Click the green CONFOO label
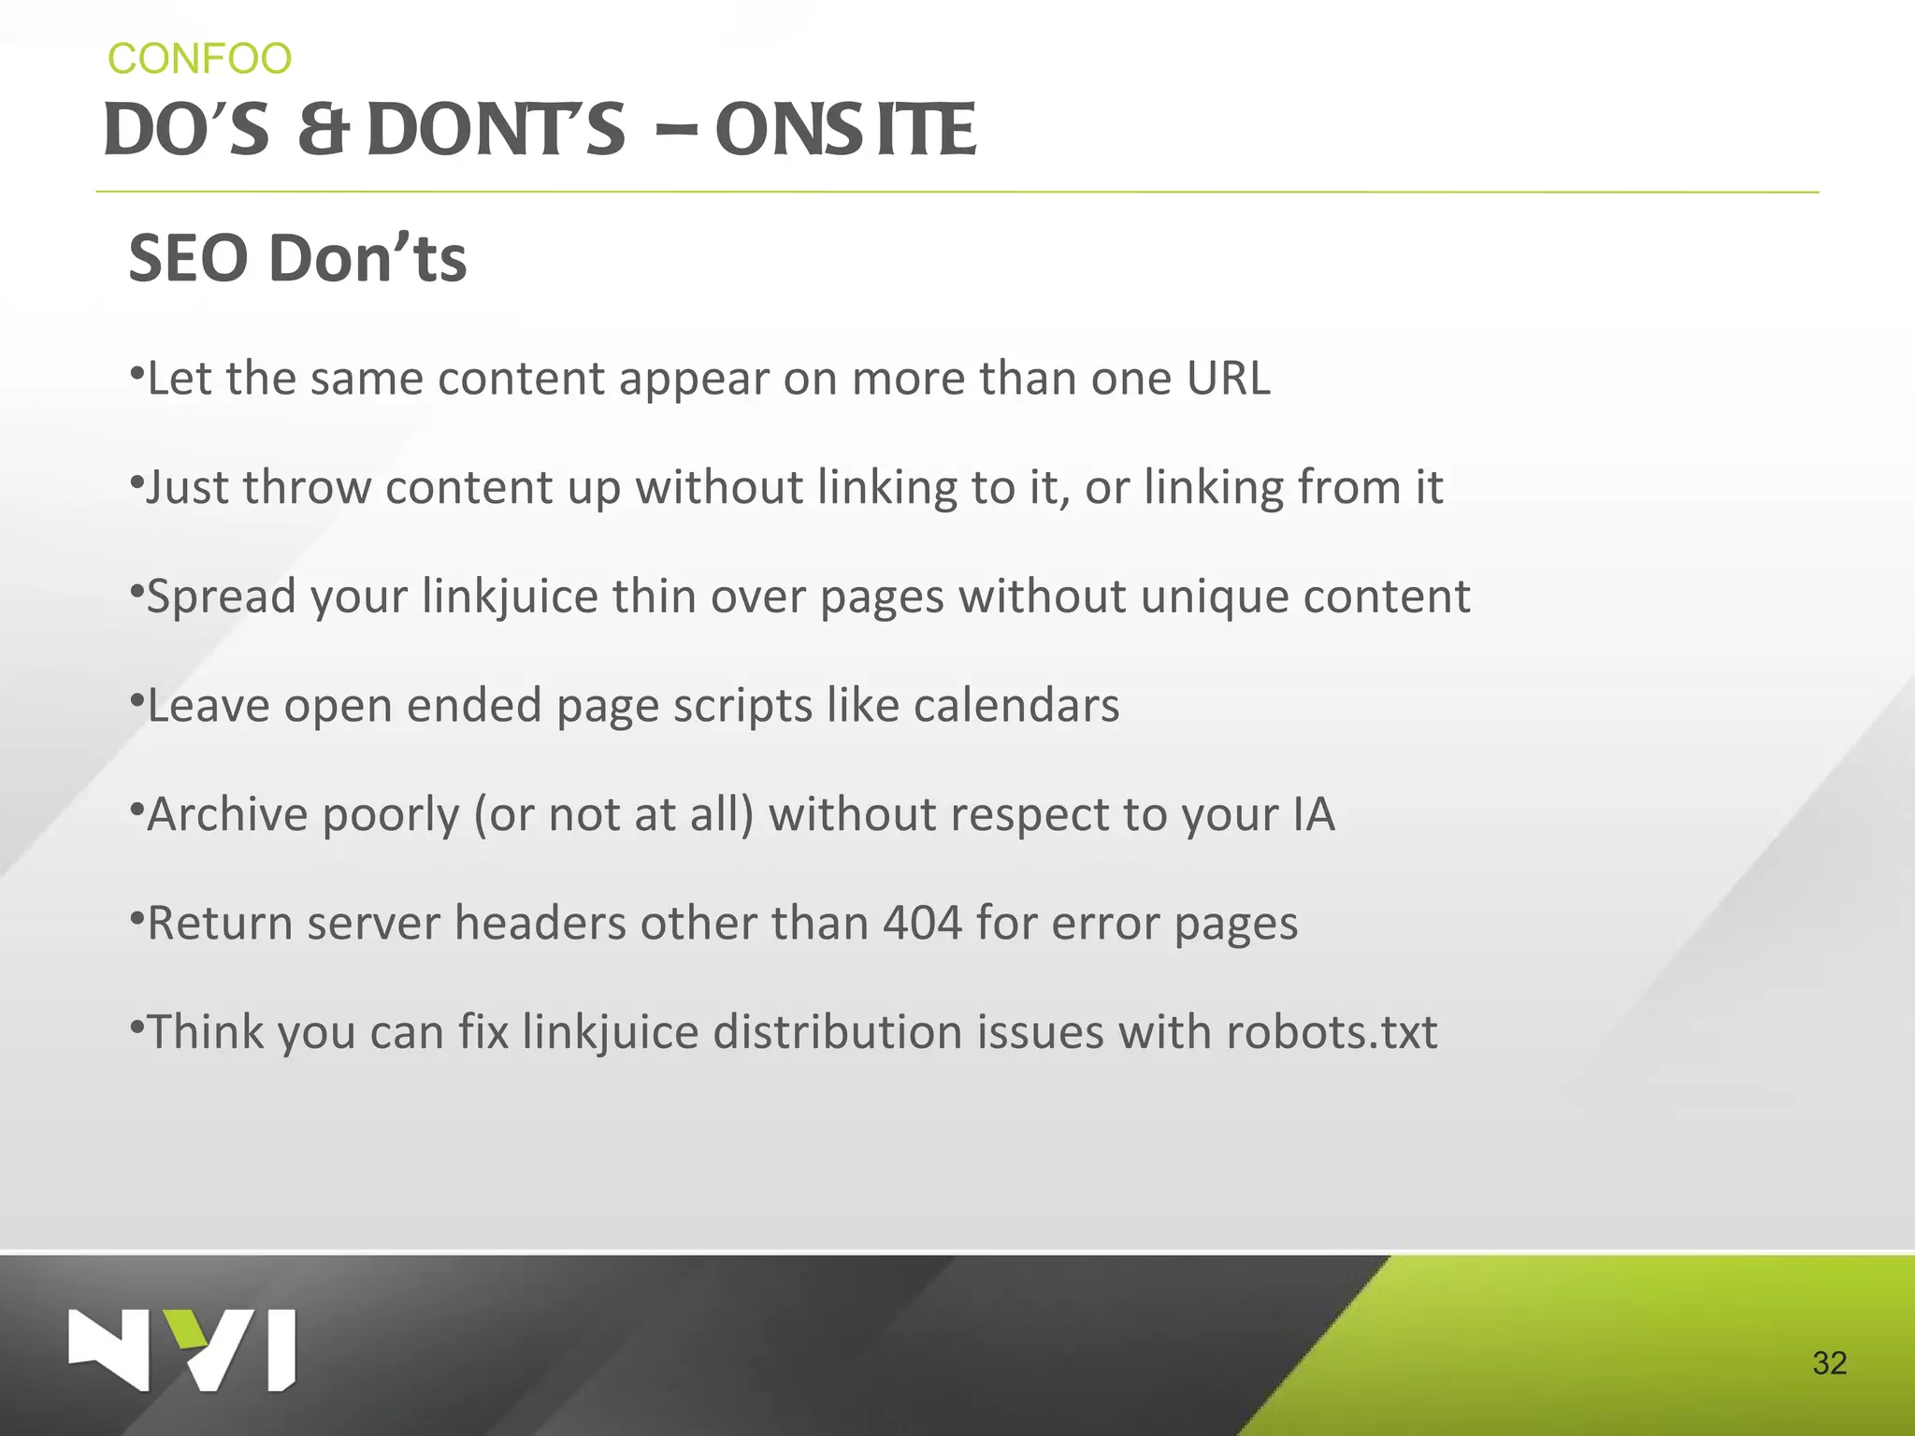(199, 59)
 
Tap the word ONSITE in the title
(845, 131)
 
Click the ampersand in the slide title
(323, 131)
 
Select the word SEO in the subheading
(188, 259)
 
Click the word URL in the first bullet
(1228, 379)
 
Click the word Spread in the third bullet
(221, 596)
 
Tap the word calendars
(1015, 706)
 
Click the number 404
(922, 924)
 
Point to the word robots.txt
(1331, 1032)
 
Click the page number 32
(1829, 1363)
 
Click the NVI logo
(182, 1350)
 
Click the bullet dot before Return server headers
(137, 912)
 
